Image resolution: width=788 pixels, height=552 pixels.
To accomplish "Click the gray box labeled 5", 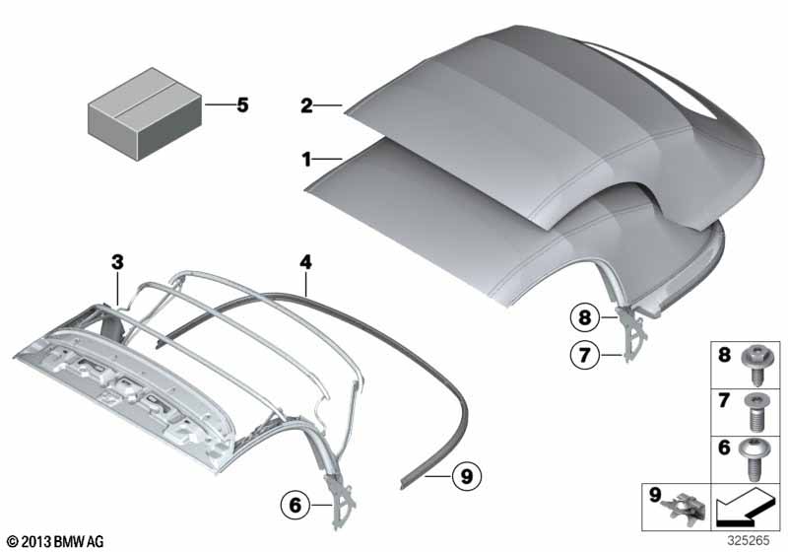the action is coord(145,114).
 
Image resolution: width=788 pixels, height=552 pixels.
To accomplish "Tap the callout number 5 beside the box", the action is coord(242,105).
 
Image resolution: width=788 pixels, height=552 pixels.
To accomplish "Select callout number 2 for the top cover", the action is coord(306,106).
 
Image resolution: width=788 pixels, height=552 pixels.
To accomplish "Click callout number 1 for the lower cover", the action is coord(306,160).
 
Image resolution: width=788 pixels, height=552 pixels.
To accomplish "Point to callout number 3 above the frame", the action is coord(117,262).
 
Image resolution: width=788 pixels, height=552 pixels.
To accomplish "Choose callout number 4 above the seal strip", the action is coord(305,262).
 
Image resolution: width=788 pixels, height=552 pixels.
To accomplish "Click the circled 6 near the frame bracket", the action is coord(295,505).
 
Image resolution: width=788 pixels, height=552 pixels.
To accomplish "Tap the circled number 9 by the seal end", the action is coord(467,475).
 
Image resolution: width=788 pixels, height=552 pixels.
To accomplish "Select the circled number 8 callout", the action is coord(584,317).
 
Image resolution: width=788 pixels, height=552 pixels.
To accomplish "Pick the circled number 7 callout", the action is coord(584,356).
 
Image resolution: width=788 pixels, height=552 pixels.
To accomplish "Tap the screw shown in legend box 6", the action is coord(753,459).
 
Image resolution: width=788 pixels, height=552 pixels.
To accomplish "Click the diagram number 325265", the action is coord(749,540).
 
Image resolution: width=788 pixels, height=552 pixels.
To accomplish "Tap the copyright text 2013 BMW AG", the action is coord(62,541).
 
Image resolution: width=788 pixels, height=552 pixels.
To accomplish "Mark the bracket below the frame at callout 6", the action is coord(341,503).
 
